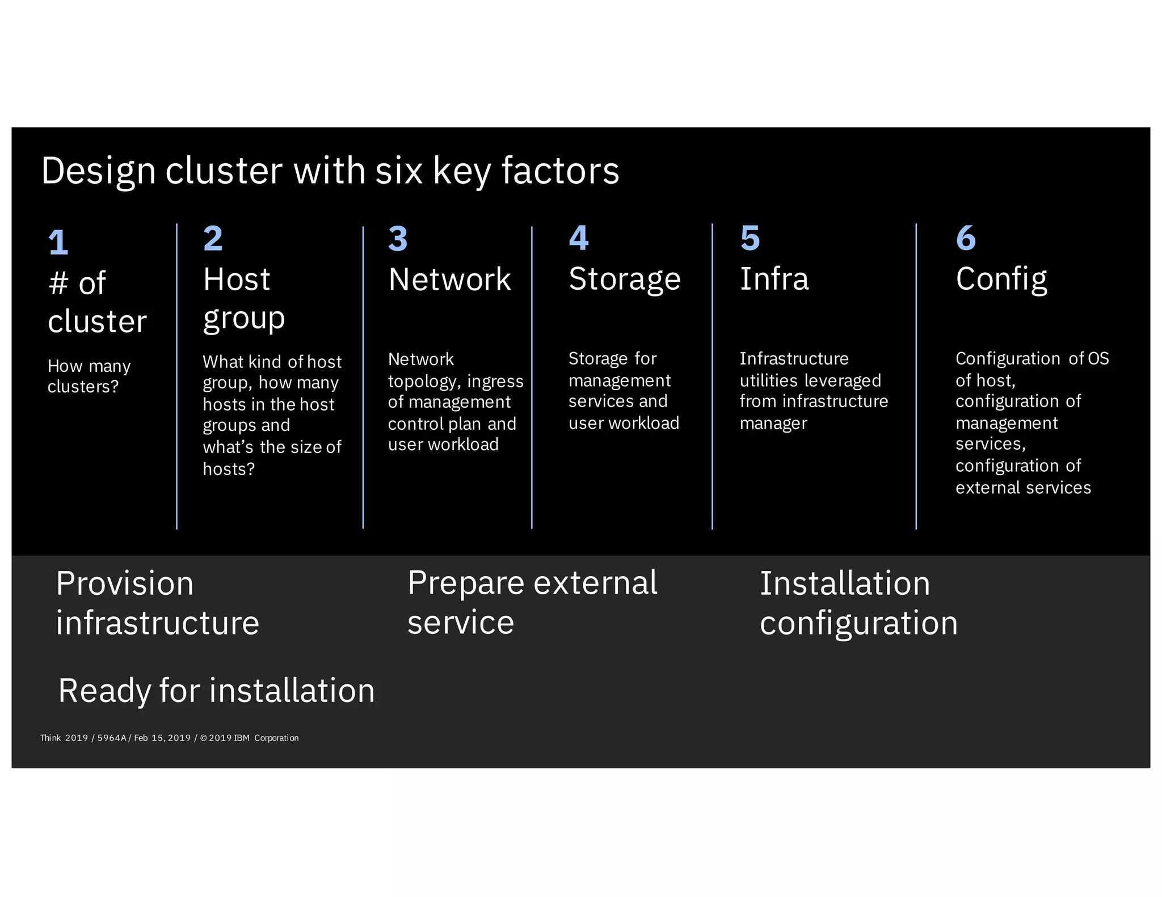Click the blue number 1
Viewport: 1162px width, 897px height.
58,243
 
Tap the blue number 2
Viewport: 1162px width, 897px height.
213,238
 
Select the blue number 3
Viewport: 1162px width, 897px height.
398,239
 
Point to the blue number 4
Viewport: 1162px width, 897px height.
579,238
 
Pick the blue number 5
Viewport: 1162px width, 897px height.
750,238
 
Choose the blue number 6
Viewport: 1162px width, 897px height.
966,238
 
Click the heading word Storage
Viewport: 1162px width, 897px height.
624,280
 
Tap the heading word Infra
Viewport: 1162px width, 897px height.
774,279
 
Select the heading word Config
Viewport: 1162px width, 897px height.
1001,280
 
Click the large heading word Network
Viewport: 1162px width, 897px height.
449,280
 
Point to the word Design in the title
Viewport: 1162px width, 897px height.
98,171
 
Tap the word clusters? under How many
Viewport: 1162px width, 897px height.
83,387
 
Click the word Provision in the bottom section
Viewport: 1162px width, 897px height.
125,584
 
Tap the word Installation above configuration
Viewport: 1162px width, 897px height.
844,584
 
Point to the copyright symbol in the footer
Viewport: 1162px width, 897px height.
203,738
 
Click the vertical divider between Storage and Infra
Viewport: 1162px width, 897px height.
712,376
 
